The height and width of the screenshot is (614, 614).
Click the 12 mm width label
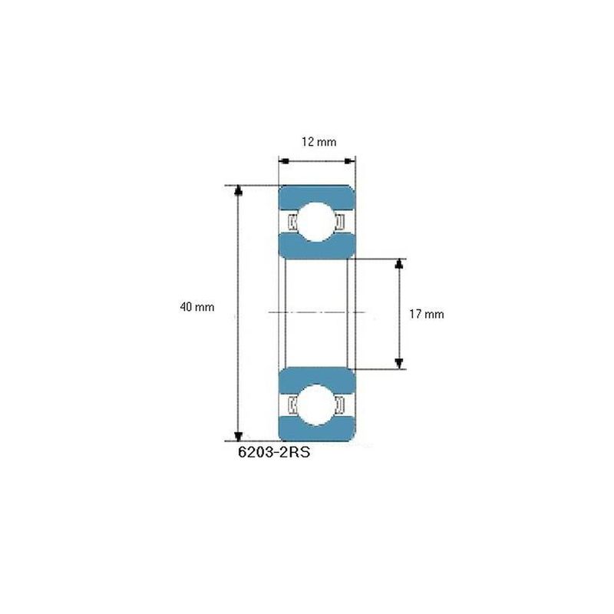(x=317, y=141)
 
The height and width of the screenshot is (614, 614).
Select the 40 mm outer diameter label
(x=196, y=307)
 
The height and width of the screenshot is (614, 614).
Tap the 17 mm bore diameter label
(x=426, y=314)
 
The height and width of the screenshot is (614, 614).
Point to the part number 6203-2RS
(x=274, y=453)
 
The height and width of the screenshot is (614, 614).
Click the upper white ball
(x=317, y=221)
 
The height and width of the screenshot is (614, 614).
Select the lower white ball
(x=317, y=404)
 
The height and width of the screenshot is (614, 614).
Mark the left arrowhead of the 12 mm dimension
(x=282, y=161)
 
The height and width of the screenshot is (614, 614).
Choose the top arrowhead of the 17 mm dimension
(x=398, y=265)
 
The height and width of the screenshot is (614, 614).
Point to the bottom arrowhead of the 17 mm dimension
(x=398, y=363)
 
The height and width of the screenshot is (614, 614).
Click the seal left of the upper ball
(x=292, y=222)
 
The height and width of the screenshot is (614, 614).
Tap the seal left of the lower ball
(x=292, y=404)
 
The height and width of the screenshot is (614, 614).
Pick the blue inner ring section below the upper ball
(x=317, y=248)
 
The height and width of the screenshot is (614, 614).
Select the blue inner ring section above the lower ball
(x=317, y=377)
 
